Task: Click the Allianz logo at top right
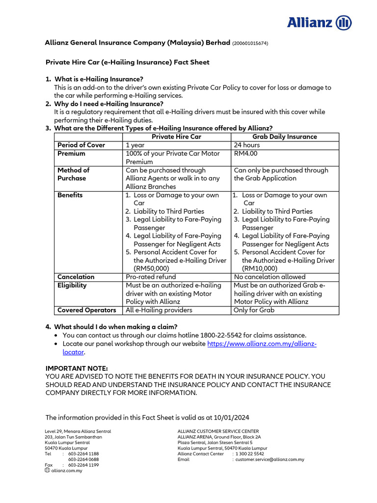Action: pos(319,23)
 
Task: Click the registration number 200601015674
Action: pos(250,43)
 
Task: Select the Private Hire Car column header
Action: pos(176,137)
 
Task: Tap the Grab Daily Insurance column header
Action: pos(285,137)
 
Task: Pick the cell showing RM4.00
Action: pos(245,153)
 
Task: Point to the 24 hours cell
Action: pos(247,145)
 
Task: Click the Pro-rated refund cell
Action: pos(151,277)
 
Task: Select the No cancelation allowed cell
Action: pos(269,277)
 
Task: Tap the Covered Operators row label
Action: pos(87,310)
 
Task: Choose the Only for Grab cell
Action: pos(254,310)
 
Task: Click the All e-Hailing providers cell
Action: pos(159,310)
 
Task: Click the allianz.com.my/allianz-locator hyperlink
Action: pos(262,344)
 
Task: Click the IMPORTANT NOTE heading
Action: pos(77,368)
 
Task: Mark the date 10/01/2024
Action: pos(231,418)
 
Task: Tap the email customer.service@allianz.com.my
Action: pos(269,460)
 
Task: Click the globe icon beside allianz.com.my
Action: pos(47,470)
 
